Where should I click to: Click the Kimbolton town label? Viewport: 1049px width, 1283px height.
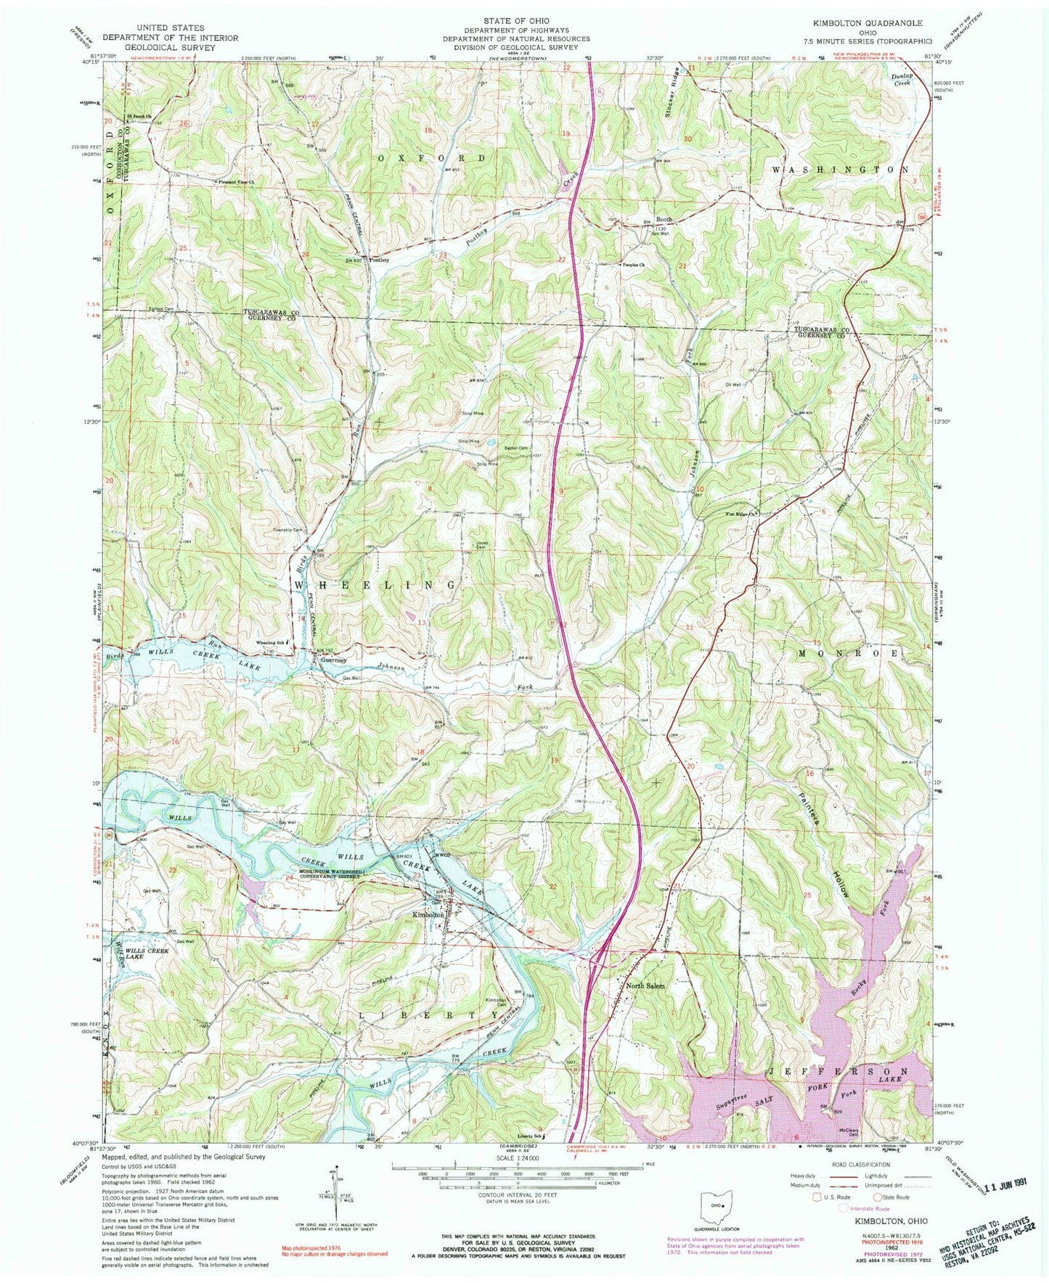(x=428, y=915)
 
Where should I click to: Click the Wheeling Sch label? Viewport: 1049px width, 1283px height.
(x=267, y=643)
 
